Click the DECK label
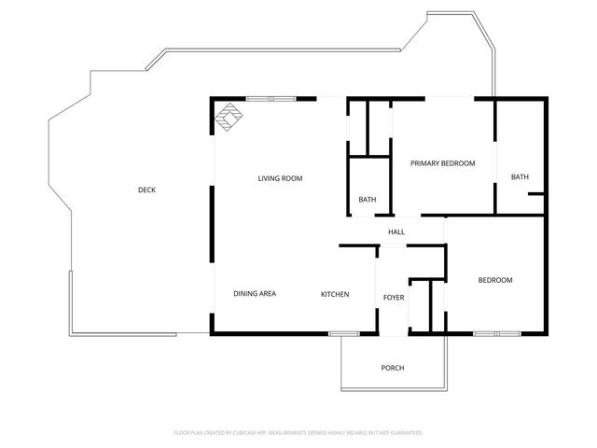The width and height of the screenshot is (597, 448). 146,189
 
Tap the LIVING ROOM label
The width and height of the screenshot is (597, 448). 280,178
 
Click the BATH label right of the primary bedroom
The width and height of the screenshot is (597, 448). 520,177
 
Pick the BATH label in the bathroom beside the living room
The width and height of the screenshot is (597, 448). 368,200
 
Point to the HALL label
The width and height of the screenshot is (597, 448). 396,231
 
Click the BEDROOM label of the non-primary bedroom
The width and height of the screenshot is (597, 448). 495,280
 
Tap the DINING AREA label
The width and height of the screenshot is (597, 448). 254,294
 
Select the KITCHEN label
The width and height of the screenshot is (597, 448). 335,294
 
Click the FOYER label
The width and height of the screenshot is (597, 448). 394,297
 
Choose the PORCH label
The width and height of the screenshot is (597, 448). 393,368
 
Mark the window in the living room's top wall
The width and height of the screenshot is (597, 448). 271,98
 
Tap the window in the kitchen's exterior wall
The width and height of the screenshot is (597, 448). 344,332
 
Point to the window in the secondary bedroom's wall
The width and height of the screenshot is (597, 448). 497,332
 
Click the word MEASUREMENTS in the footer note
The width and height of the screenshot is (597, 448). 297,433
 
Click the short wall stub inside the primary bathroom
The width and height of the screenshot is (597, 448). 535,195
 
